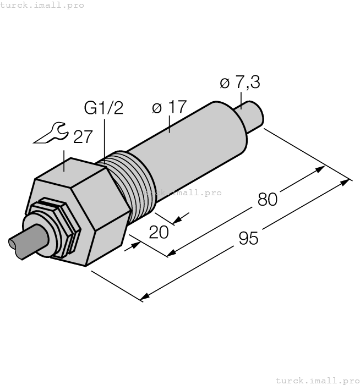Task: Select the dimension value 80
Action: [268, 199]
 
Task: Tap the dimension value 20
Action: [159, 232]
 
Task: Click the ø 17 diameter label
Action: [169, 107]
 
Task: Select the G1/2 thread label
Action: [103, 108]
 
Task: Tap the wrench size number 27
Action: [83, 136]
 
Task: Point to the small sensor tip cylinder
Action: [253, 115]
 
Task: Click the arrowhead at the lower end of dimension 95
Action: [144, 298]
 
